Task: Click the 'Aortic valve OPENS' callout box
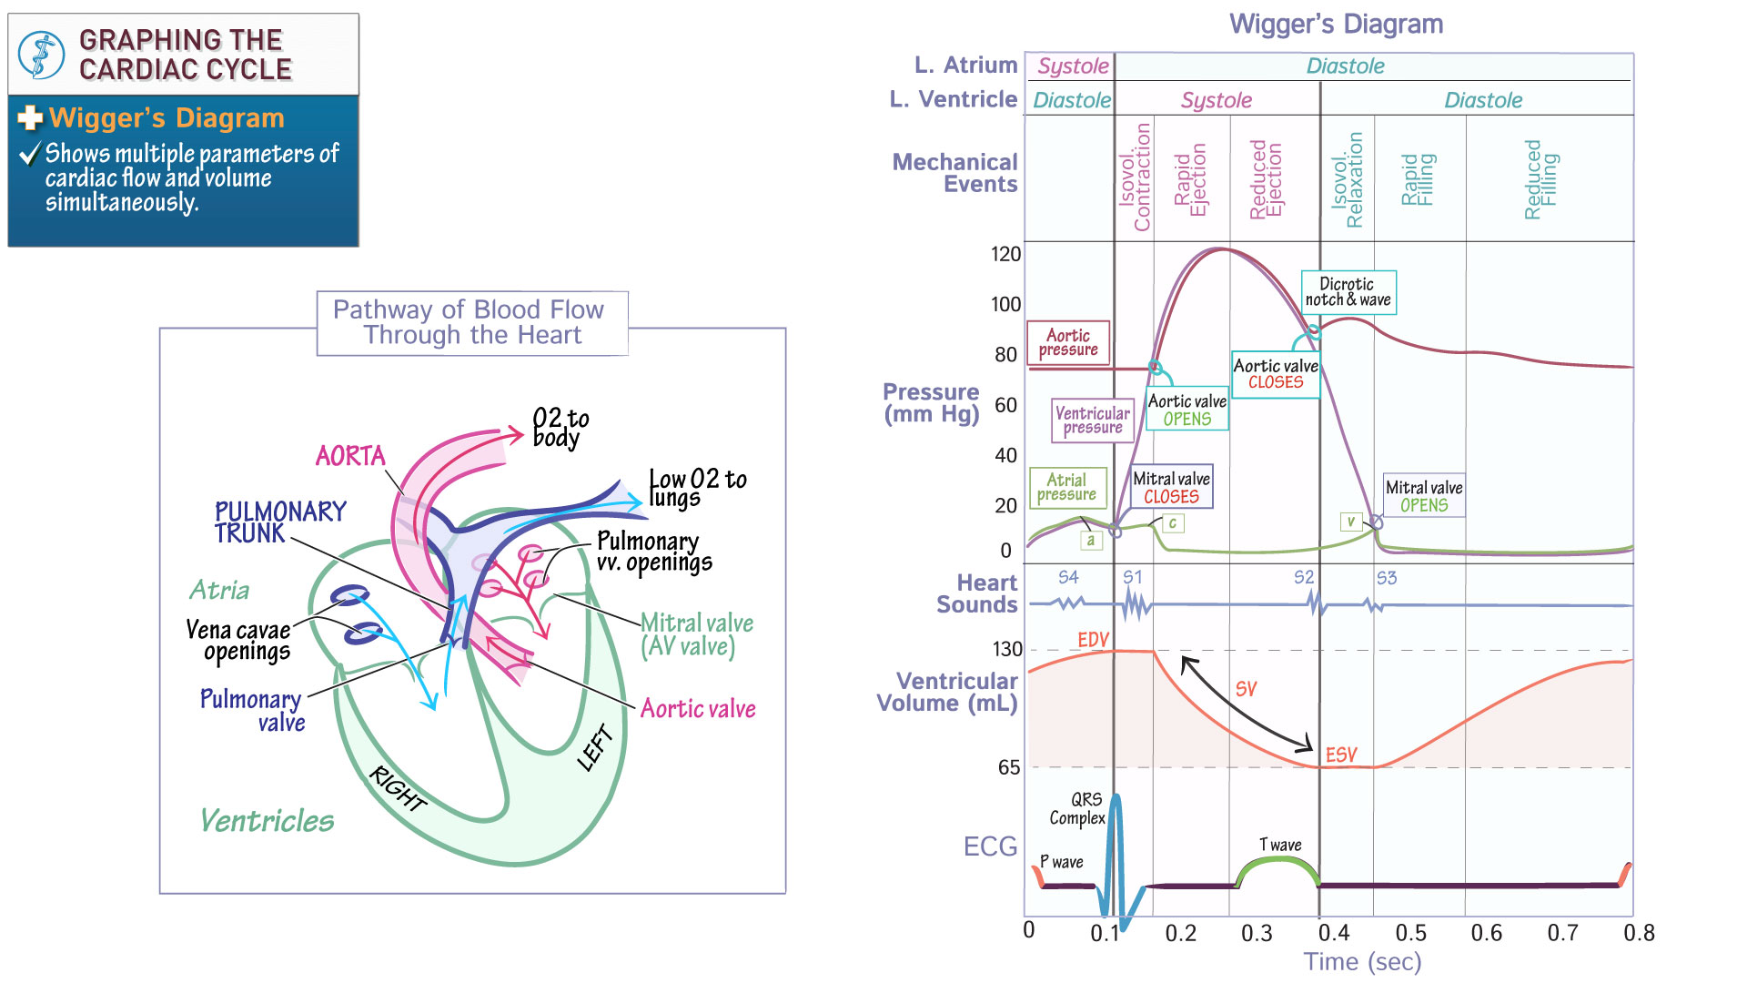(x=1187, y=410)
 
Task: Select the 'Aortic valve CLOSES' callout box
(x=1275, y=374)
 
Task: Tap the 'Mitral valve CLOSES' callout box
(x=1171, y=487)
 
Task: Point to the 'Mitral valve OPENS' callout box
(x=1424, y=496)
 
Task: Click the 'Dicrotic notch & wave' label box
(x=1348, y=292)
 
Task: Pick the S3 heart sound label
(x=1386, y=578)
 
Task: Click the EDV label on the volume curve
(x=1093, y=640)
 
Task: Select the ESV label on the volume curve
(x=1340, y=755)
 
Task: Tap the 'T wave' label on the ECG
(x=1280, y=845)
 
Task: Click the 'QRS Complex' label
(x=1078, y=808)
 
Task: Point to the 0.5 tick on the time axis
(x=1410, y=933)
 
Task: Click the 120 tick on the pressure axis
(x=1005, y=254)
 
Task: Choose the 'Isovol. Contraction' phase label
(x=1135, y=177)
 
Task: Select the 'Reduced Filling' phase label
(x=1541, y=179)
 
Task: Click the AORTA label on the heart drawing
(x=350, y=456)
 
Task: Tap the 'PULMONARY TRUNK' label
(x=279, y=522)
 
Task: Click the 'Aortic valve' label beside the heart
(x=698, y=708)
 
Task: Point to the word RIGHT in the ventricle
(x=399, y=788)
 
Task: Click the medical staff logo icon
(x=42, y=55)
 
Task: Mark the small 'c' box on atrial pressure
(x=1173, y=523)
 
